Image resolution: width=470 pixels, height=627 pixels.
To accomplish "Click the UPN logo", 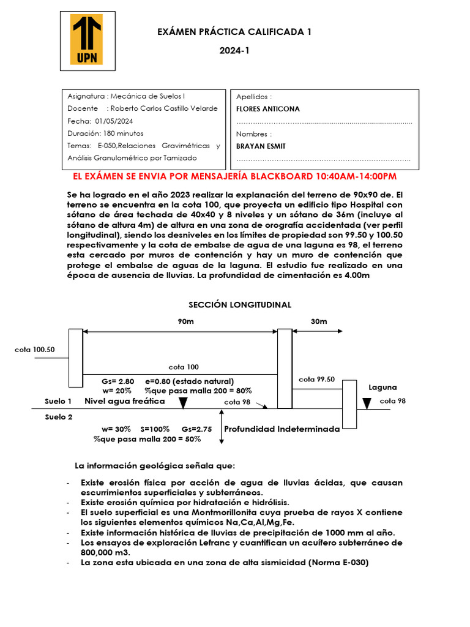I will pyautogui.click(x=88, y=41).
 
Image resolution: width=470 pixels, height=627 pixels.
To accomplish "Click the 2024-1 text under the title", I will pyautogui.click(x=234, y=51).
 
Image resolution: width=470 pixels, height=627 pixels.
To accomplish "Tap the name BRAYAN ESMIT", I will pyautogui.click(x=261, y=146).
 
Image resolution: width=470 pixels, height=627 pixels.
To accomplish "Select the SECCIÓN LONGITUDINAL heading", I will pyautogui.click(x=240, y=304).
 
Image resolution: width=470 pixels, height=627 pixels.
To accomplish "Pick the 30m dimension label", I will pyautogui.click(x=319, y=321).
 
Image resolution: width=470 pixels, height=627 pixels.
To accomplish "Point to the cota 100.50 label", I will pyautogui.click(x=35, y=350).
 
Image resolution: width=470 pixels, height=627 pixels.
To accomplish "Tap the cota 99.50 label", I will pyautogui.click(x=316, y=379).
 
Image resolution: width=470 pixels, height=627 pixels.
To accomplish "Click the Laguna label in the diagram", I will pyautogui.click(x=382, y=387).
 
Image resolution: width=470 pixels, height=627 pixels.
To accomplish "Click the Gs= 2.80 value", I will pyautogui.click(x=118, y=381).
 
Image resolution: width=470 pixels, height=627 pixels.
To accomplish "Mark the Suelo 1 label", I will pyautogui.click(x=59, y=401).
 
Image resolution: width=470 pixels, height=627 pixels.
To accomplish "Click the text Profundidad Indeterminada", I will pyautogui.click(x=282, y=429).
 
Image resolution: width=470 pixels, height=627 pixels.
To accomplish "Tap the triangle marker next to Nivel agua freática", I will pyautogui.click(x=182, y=402).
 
